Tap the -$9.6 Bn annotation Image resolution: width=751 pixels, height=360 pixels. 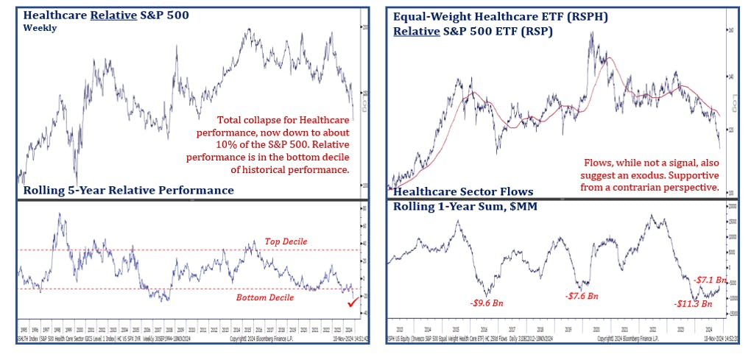click(x=485, y=302)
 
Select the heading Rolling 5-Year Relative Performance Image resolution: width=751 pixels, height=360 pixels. click(x=128, y=191)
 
